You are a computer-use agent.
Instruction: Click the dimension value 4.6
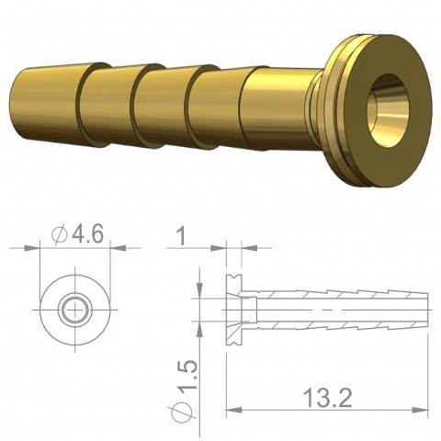[83, 234]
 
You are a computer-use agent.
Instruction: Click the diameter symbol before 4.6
[61, 235]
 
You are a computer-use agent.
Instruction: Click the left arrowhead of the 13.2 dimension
[230, 409]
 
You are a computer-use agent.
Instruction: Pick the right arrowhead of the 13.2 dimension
[424, 409]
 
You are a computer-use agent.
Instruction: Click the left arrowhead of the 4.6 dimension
[41, 247]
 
